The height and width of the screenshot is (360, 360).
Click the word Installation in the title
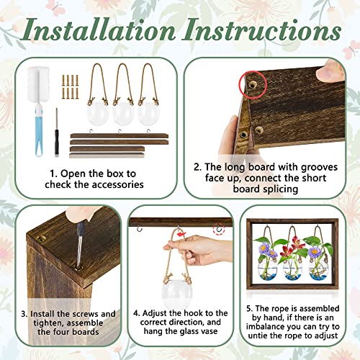coord(98,30)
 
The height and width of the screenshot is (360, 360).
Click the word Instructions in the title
coord(262,30)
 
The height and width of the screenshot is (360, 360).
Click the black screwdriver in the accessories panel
coord(57,132)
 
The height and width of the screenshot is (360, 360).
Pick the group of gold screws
coord(71,87)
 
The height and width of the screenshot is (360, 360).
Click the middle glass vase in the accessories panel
coord(123,114)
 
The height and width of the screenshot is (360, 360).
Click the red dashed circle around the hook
coord(219,229)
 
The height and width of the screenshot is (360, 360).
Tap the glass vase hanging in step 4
coord(176,294)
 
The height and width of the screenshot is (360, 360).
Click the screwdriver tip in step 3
coord(78,266)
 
